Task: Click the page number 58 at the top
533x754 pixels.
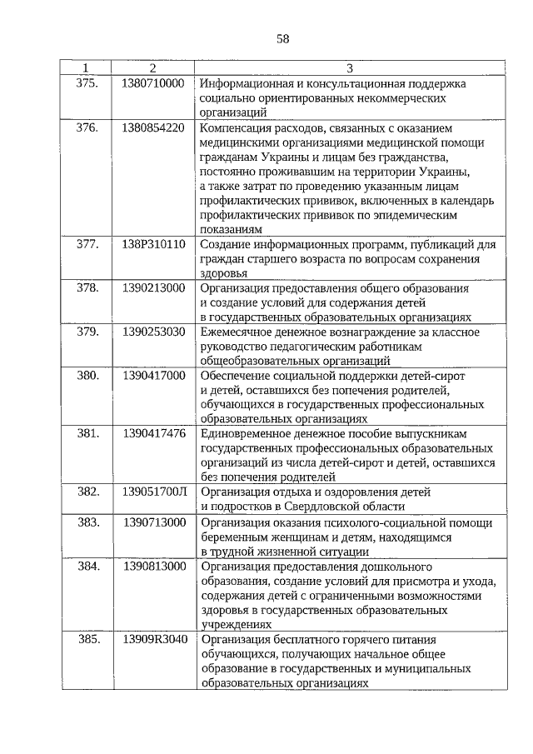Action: pyautogui.click(x=281, y=38)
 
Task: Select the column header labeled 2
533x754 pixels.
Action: pyautogui.click(x=152, y=67)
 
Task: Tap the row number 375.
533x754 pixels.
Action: pyautogui.click(x=87, y=83)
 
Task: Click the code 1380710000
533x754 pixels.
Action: pyautogui.click(x=152, y=83)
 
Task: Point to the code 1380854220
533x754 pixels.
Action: pyautogui.click(x=152, y=128)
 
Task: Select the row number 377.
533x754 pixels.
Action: pyautogui.click(x=87, y=244)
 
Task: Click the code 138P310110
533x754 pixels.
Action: pyautogui.click(x=152, y=244)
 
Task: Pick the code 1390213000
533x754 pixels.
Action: pyautogui.click(x=152, y=288)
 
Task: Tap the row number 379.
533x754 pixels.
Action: pyautogui.click(x=87, y=332)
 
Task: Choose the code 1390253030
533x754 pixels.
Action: pyautogui.click(x=152, y=332)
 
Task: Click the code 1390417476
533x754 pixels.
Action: pyautogui.click(x=152, y=434)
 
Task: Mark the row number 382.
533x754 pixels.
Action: pyautogui.click(x=87, y=492)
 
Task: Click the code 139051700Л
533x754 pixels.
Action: pyautogui.click(x=152, y=492)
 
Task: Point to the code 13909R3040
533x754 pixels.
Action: pyautogui.click(x=152, y=639)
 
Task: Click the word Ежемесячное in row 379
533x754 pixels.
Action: pyautogui.click(x=236, y=332)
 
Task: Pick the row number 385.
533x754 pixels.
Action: pyautogui.click(x=87, y=639)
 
